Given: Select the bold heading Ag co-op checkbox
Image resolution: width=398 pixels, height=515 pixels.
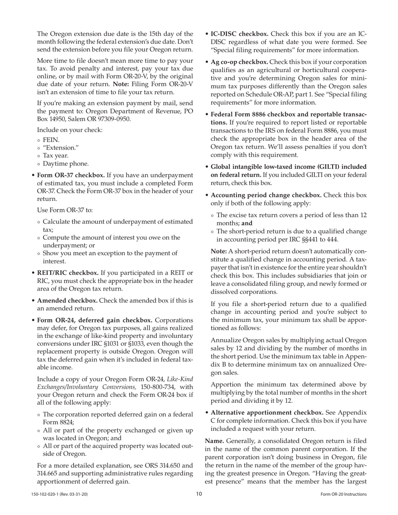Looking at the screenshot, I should tap(239, 62).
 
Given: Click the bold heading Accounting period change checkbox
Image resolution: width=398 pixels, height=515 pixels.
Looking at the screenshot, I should tap(266, 195).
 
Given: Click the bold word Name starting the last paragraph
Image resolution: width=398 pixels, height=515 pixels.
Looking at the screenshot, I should tap(214, 440).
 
